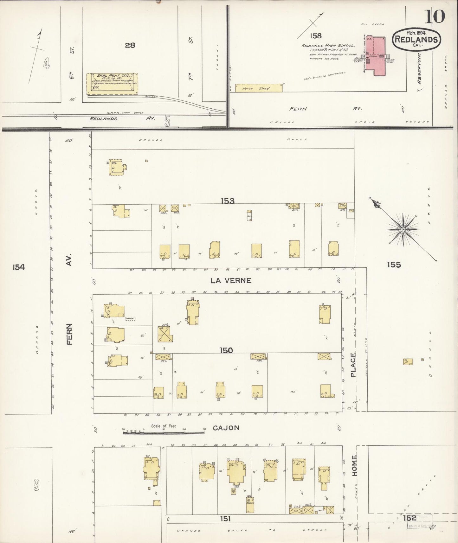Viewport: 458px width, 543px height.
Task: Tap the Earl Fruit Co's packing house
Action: [112, 84]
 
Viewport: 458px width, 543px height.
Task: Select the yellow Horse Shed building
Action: [259, 88]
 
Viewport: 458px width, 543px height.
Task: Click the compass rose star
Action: [403, 229]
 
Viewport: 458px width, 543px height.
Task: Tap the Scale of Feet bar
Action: [164, 431]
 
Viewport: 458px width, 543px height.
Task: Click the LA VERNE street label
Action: [231, 280]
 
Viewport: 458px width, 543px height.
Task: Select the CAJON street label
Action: [226, 428]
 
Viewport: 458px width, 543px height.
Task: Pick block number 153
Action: [228, 201]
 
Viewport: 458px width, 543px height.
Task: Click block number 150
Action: [226, 350]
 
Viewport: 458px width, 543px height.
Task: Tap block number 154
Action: [18, 267]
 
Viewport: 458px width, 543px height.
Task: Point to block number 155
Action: [394, 265]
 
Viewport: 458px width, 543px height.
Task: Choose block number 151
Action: [226, 519]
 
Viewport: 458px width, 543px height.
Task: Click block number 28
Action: [130, 45]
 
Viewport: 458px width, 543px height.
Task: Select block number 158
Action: [316, 36]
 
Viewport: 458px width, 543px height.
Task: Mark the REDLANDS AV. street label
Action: [122, 118]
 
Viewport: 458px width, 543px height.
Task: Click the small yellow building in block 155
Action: [408, 361]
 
